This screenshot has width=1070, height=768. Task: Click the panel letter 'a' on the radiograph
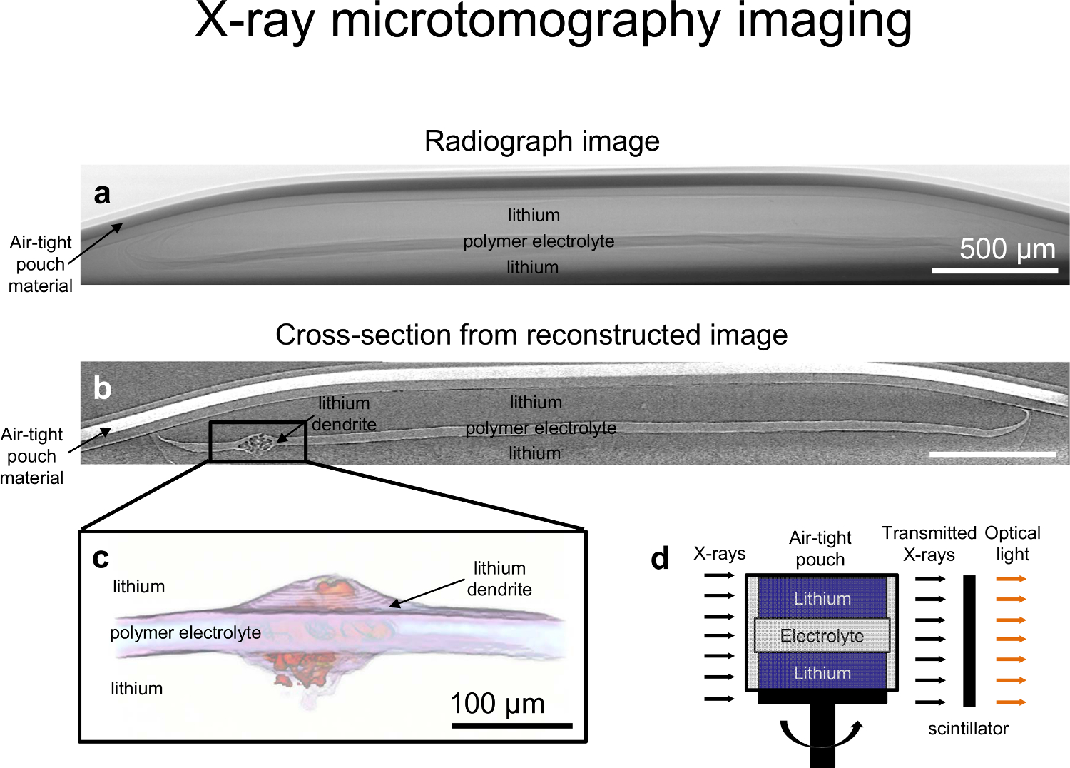(102, 194)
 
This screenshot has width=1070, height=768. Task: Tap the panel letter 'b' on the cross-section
(102, 388)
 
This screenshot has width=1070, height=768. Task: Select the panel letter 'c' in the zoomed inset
(101, 558)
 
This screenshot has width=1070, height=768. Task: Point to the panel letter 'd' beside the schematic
(660, 559)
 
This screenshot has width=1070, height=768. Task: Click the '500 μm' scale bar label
(1007, 249)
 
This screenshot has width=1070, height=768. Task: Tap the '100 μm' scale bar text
(497, 704)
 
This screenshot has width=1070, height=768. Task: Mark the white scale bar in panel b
(992, 453)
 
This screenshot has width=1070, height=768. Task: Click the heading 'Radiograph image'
(541, 141)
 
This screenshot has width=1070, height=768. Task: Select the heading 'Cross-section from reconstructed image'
(531, 335)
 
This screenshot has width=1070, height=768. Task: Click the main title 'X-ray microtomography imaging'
(553, 21)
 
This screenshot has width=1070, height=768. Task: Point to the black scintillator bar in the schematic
(969, 640)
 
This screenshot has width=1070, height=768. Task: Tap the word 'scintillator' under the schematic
(968, 729)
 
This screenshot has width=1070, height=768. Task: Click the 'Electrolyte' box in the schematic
(822, 635)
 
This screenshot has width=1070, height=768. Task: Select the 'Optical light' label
(1012, 543)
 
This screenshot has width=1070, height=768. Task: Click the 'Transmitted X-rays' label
(929, 544)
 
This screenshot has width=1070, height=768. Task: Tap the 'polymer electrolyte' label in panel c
(185, 632)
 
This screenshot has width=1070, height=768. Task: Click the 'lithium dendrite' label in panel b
(344, 414)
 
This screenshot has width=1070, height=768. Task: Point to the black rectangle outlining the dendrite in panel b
(210, 442)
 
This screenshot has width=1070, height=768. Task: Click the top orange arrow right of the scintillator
(1011, 579)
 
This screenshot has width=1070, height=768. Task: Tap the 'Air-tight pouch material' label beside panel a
(41, 264)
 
